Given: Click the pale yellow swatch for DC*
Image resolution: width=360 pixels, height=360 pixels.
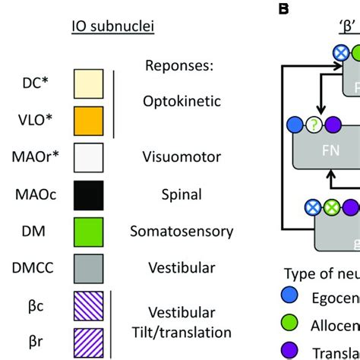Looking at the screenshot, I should [x=88, y=84].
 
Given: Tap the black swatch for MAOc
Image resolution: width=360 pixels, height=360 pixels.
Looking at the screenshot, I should [x=88, y=194].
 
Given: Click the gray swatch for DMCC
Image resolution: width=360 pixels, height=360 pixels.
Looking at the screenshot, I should [x=88, y=268].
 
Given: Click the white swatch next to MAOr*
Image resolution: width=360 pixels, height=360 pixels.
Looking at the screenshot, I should [x=88, y=158].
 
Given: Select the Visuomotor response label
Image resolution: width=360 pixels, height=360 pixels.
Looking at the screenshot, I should [x=181, y=157].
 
